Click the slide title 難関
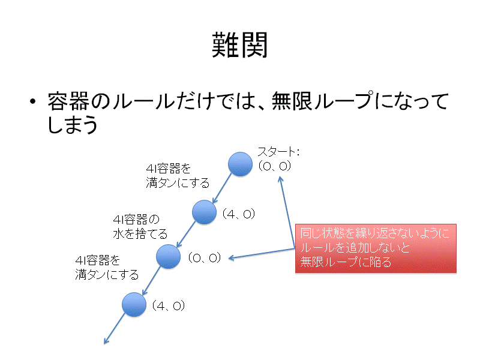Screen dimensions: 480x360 pos(239,45)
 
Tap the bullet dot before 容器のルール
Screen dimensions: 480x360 pos(32,101)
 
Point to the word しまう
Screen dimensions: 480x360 pos(72,124)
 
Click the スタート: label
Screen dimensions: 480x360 pos(278,152)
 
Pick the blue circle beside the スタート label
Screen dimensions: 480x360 pos(241,164)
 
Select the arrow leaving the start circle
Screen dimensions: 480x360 pos(222,188)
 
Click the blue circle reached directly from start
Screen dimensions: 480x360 pos(204,212)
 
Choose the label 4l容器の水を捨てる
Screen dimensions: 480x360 pos(140,227)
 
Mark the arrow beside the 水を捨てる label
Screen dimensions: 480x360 pos(186,234)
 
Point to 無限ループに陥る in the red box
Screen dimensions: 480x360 pos(346,262)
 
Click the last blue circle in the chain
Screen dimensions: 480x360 pos(134,305)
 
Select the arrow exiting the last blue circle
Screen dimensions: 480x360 pos(115,329)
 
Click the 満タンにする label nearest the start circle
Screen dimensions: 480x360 pos(178,183)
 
